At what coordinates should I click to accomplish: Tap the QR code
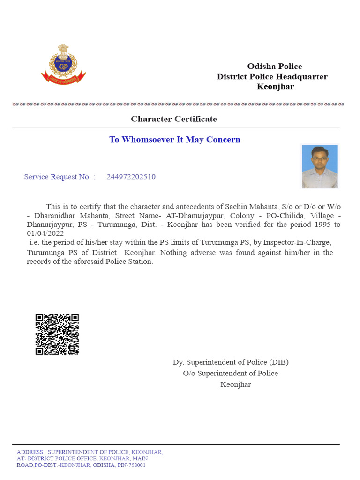pos(57,334)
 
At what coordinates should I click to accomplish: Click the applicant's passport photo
pos(320,166)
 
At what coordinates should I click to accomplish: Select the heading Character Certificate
pos(174,119)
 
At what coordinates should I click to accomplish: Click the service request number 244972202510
pos(131,177)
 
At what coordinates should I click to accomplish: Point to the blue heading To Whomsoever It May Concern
pos(175,140)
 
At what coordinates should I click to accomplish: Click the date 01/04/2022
pos(45,233)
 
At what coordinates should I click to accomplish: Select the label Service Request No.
pos(59,177)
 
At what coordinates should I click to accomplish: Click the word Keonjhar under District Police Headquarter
pos(276,87)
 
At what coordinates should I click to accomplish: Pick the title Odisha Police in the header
pos(275,67)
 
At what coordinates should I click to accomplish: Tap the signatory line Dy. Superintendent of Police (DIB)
pos(231,362)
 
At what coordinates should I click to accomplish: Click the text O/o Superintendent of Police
pos(231,374)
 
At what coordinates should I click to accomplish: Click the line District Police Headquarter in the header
pos(272,77)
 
